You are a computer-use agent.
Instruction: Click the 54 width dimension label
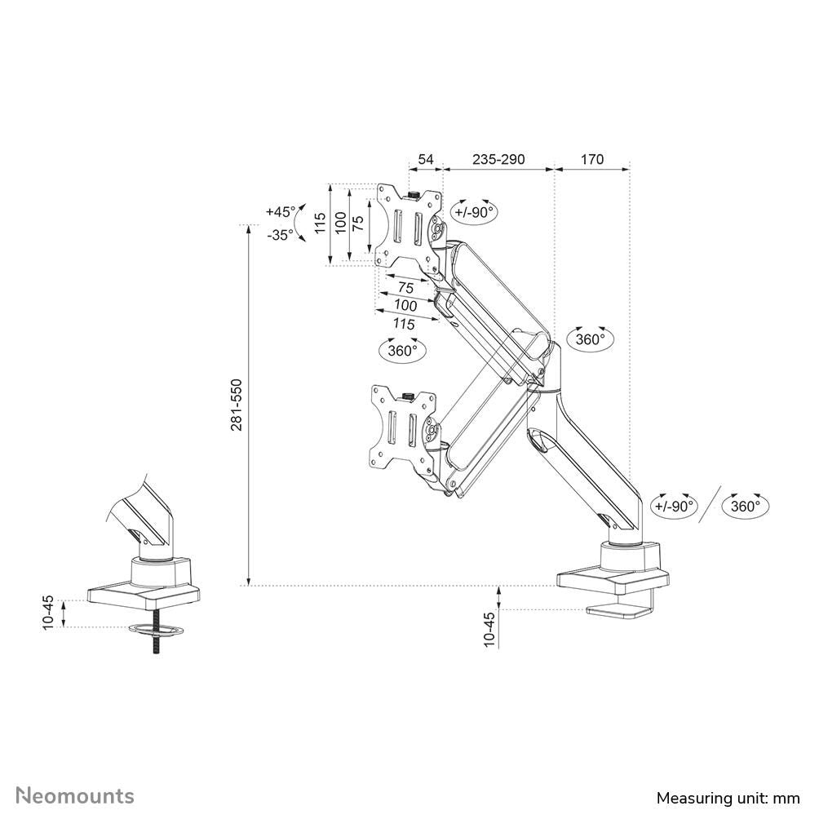click(425, 159)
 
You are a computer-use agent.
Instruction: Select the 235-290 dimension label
click(498, 159)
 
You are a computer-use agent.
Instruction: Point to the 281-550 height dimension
click(237, 405)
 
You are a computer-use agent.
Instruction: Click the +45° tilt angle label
click(281, 211)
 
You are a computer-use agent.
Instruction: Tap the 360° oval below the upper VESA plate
click(403, 350)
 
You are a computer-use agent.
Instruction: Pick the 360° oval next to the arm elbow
click(590, 339)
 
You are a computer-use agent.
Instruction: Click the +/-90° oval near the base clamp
click(675, 505)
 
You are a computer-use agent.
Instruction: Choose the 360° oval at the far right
click(746, 505)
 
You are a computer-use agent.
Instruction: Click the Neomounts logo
click(75, 795)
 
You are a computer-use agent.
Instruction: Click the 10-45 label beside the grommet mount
click(49, 612)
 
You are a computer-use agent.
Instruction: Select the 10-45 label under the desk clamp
click(489, 629)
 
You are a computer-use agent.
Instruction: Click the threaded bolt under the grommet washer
click(153, 644)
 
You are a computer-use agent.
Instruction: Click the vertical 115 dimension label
click(321, 223)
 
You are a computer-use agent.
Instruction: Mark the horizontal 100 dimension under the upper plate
click(405, 305)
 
